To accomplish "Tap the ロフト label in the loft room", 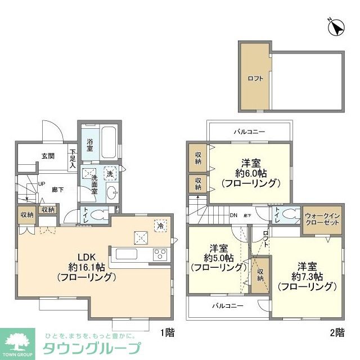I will pos(255,78).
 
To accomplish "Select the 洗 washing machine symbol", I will pos(110,174).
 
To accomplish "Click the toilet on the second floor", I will pos(289,214).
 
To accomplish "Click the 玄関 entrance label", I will pos(48,155).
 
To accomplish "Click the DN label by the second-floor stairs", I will pos(233,215).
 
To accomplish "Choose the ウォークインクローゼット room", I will pos(322,218).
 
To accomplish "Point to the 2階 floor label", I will pos(337,332).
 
